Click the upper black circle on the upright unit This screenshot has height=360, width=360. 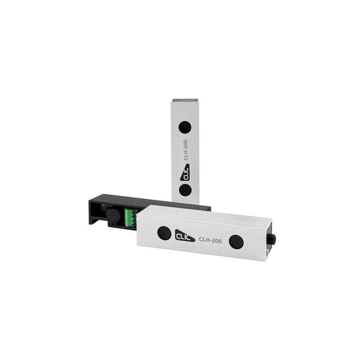pos(184,127)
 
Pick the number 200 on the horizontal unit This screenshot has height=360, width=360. pos(217,241)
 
